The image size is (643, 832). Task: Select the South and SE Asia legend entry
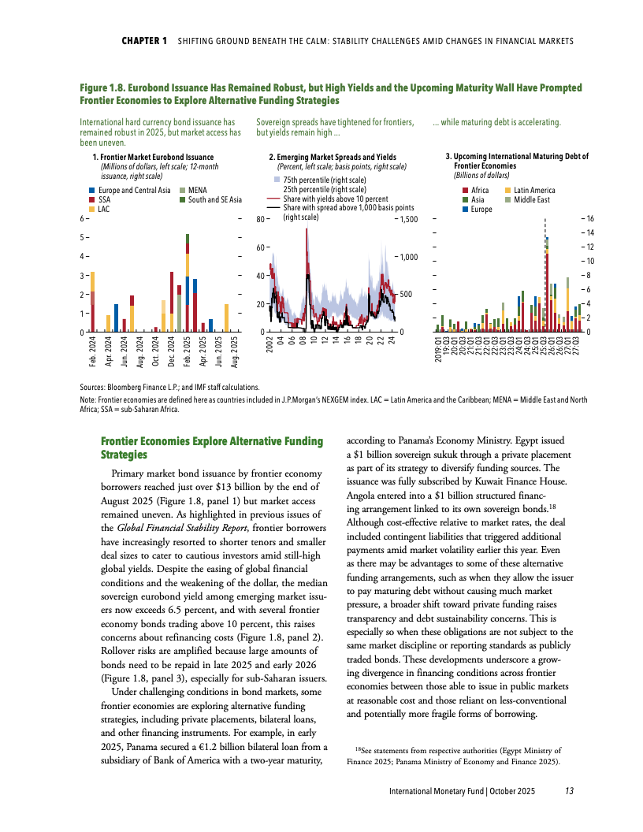[x=213, y=200]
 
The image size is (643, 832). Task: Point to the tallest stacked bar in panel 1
[x=188, y=284]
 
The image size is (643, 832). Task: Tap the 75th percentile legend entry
[x=315, y=180]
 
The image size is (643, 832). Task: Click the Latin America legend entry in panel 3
[x=535, y=191]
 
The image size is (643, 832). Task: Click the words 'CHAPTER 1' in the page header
[x=144, y=41]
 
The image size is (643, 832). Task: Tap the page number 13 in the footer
[x=568, y=791]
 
